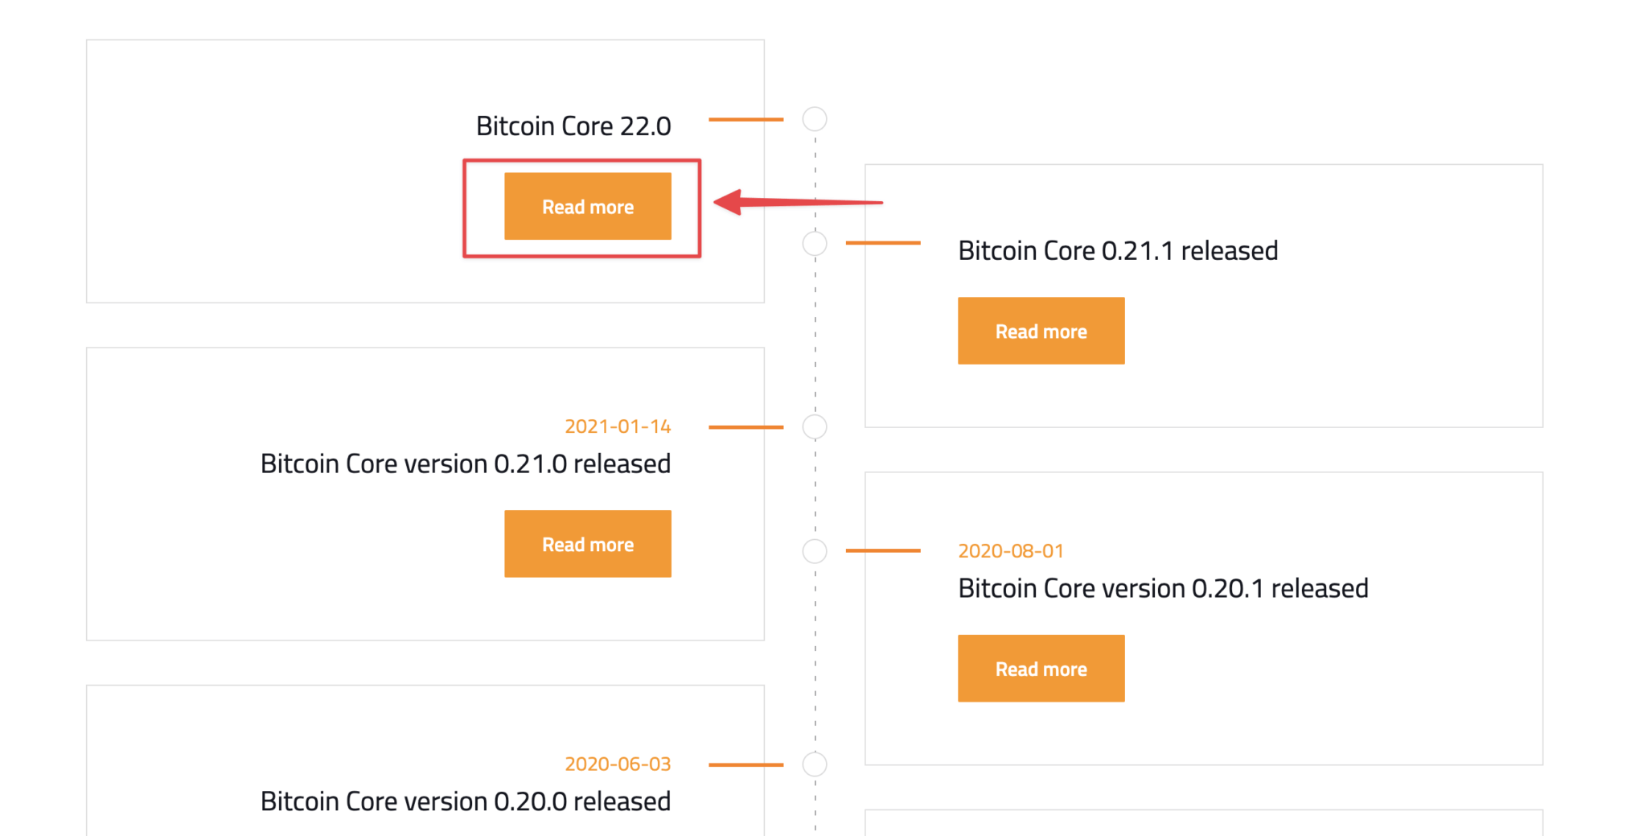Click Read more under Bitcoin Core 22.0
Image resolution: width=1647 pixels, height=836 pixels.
pos(587,207)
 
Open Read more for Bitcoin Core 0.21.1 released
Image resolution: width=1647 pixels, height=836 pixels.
pos(1041,331)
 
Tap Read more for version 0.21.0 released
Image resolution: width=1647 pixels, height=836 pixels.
pos(587,544)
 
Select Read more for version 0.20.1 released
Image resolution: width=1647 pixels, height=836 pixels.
pos(1041,669)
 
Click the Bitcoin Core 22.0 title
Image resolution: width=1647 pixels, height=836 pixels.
pos(573,126)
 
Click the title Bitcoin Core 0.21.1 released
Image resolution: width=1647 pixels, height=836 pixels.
pos(1118,251)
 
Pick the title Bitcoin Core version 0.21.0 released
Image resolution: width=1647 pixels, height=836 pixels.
pos(465,464)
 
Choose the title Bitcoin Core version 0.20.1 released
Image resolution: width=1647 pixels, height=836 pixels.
pos(1163,589)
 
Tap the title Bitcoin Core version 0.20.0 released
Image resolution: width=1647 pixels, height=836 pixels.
pos(465,801)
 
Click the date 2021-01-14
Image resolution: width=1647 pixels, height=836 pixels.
pos(618,426)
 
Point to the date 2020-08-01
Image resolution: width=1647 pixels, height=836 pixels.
pos(1011,551)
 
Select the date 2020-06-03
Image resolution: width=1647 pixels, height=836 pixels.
pos(618,764)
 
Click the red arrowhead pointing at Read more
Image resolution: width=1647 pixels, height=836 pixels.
pos(728,201)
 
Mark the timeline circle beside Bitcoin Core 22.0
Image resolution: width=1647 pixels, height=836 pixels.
pos(815,119)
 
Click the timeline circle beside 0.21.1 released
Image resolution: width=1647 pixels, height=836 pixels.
pos(815,243)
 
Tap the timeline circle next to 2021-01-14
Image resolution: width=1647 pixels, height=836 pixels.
pos(815,427)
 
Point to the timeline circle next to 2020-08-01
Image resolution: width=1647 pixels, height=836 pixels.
pos(815,551)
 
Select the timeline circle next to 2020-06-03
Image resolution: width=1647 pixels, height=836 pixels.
pos(815,764)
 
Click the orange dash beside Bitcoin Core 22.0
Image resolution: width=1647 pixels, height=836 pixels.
pos(745,120)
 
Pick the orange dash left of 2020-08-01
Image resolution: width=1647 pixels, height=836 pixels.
pos(882,550)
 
